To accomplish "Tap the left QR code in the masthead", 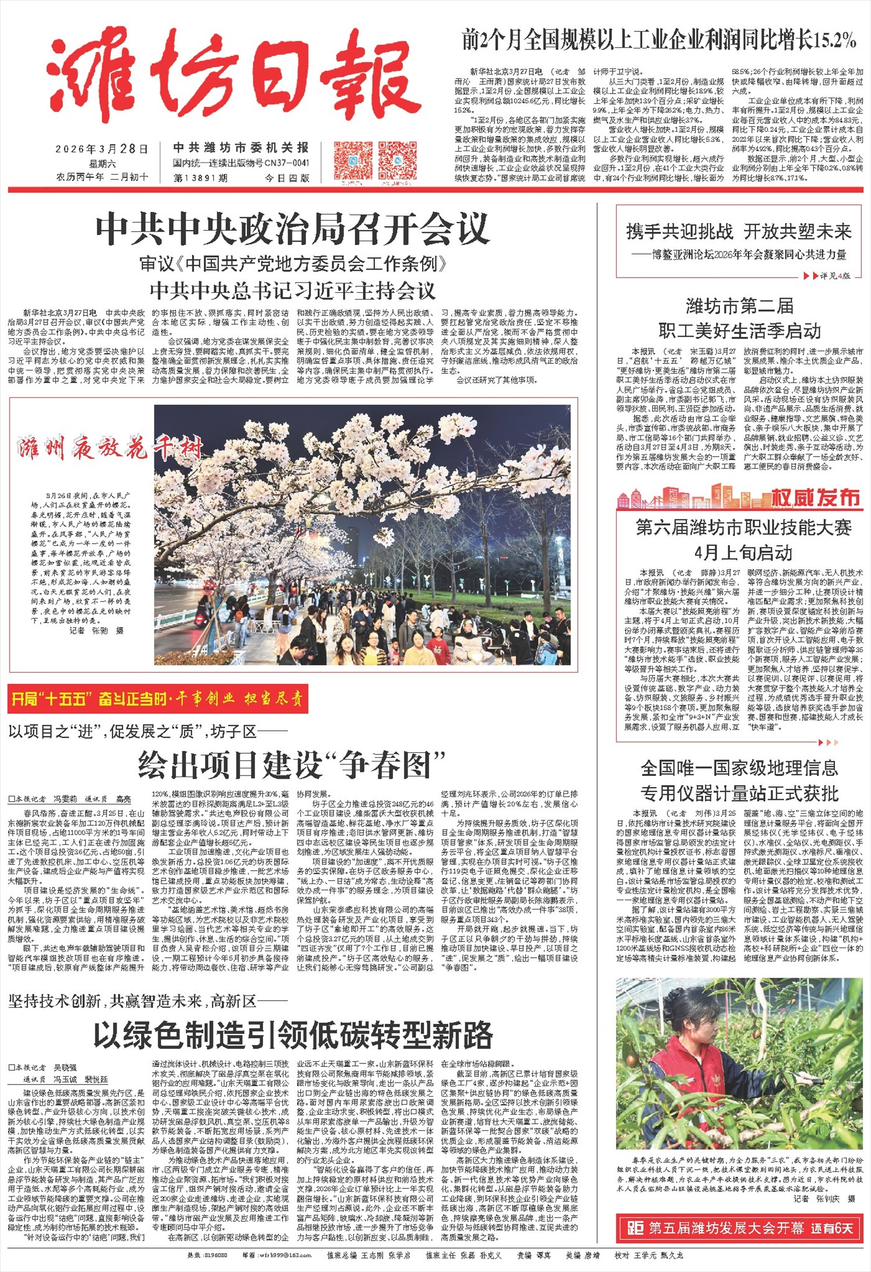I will (353, 160).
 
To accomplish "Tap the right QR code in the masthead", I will (397, 160).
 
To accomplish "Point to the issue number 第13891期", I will (200, 178).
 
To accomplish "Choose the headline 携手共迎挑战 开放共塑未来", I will (739, 232).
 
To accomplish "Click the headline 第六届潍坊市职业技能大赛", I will (743, 528).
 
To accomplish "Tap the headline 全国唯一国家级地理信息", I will (739, 768).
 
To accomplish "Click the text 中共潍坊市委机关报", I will (241, 148).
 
